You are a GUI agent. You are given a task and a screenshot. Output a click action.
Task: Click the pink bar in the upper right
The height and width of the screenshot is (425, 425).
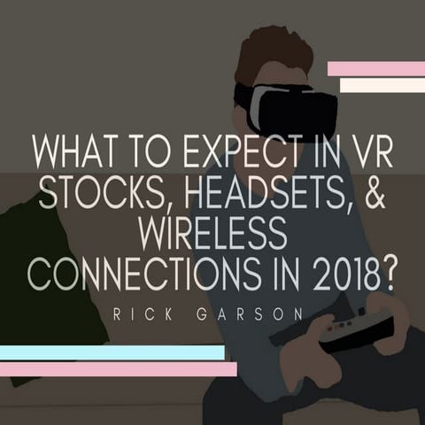[375, 69]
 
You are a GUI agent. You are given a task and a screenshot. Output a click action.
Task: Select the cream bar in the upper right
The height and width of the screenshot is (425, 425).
[382, 86]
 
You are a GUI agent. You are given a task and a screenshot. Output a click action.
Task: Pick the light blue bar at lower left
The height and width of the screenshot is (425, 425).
[111, 352]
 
